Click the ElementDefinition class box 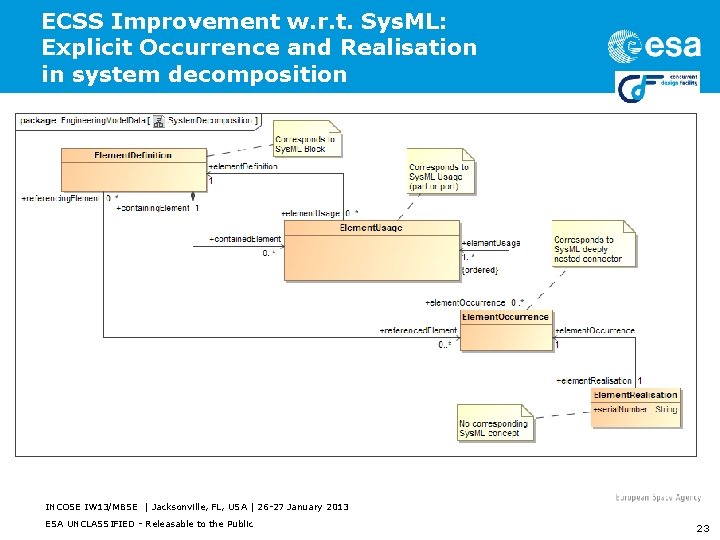click(x=133, y=170)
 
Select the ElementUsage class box click(x=371, y=249)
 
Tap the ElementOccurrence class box click(x=505, y=331)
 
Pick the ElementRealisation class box click(x=635, y=407)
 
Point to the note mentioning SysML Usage click(x=439, y=176)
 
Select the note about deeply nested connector click(x=594, y=245)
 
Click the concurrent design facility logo click(x=653, y=87)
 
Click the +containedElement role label click(x=245, y=239)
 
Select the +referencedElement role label click(x=418, y=330)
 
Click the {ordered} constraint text click(x=480, y=270)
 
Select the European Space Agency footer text click(x=658, y=497)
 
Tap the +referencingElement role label click(x=61, y=198)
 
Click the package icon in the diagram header click(x=158, y=122)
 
